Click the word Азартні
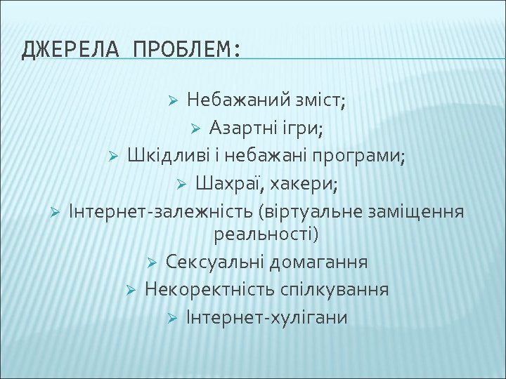pyautogui.click(x=243, y=129)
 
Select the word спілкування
pyautogui.click(x=339, y=290)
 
